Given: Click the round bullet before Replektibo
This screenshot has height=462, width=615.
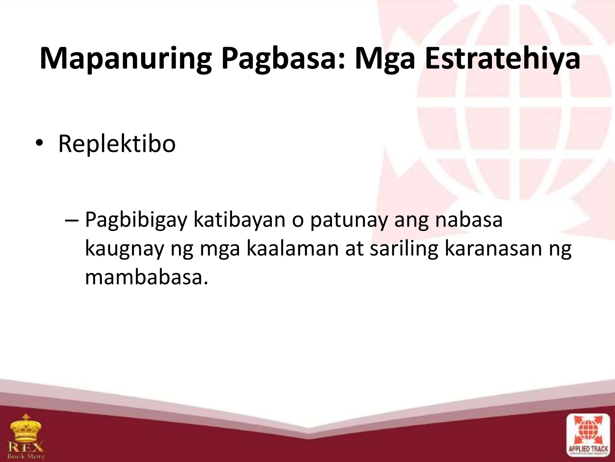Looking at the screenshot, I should pos(39,144).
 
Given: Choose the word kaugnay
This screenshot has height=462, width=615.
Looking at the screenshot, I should pos(124,250).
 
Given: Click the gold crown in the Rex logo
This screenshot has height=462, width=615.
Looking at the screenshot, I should pos(26,427).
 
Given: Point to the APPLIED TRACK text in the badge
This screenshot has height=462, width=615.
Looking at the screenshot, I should pos(588,450).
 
